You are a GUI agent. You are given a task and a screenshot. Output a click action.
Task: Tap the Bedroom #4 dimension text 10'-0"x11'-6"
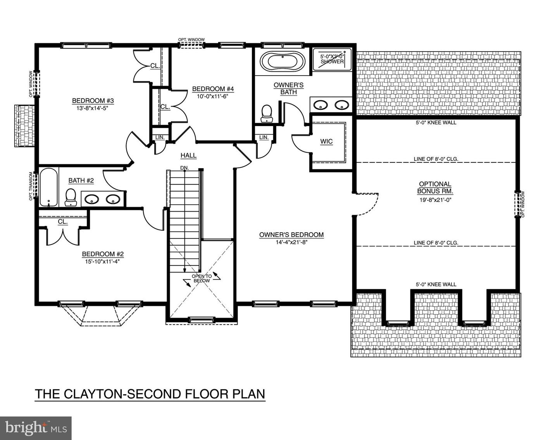(213, 96)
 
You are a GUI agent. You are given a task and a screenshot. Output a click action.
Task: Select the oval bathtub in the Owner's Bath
(282, 62)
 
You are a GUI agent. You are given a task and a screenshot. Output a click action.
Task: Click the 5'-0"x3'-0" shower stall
(332, 59)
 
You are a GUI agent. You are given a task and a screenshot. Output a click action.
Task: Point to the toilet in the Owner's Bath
(267, 113)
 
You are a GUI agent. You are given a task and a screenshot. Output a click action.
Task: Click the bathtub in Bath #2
(48, 187)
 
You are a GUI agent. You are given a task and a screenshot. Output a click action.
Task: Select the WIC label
(326, 141)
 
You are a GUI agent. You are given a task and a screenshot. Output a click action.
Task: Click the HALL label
(188, 155)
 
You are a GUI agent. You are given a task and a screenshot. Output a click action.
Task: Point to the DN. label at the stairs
(184, 168)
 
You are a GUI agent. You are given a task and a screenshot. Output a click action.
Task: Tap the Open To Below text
(202, 278)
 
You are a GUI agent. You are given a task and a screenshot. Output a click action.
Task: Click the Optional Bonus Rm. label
(435, 188)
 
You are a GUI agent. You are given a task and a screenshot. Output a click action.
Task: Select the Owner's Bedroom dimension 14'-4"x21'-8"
(291, 242)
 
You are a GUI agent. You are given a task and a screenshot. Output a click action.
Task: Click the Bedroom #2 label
(103, 254)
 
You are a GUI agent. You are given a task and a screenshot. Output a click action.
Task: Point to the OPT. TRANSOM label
(31, 186)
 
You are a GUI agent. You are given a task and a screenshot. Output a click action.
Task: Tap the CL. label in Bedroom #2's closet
(63, 222)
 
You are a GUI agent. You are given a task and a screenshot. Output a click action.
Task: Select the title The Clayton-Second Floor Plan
(150, 394)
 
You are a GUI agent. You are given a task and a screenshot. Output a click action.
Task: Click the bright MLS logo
(36, 428)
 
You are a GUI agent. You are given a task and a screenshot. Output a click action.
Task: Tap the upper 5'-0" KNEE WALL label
(436, 123)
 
